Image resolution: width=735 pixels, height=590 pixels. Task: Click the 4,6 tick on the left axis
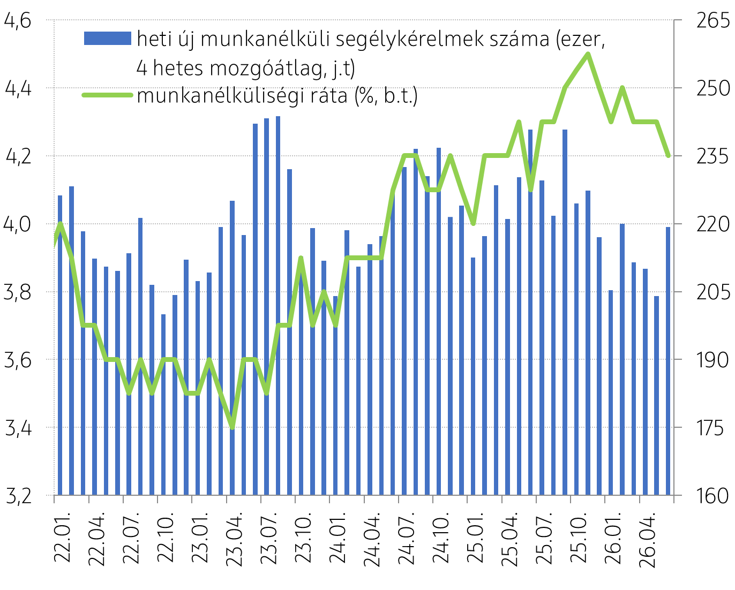coord(18,20)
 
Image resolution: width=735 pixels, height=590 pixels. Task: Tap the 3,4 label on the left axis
coord(18,428)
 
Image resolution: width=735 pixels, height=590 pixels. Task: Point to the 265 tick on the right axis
coord(713,20)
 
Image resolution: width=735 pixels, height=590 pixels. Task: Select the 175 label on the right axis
coord(710,428)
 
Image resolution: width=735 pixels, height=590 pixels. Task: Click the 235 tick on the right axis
coord(713,156)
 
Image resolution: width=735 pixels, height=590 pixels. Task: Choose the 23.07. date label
coord(268,540)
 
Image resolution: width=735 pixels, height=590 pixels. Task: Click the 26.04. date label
coord(647,540)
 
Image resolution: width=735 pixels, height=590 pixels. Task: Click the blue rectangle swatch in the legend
coord(108,38)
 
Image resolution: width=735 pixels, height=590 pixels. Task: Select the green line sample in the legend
coord(107,95)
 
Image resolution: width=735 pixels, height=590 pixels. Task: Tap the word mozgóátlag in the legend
coord(266,69)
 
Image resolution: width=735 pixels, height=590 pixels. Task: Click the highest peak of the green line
coord(588,54)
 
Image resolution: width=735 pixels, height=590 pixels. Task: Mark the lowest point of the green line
coord(232,427)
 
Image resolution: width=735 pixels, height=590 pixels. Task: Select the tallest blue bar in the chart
coord(278,306)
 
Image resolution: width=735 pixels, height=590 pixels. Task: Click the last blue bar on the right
coord(668,361)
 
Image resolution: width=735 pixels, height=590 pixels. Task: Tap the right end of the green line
coord(669,156)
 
